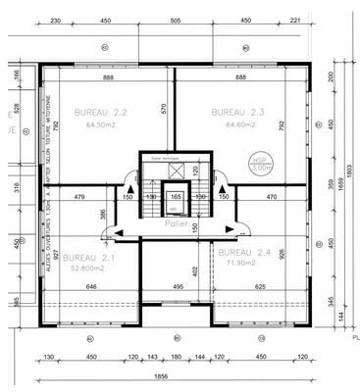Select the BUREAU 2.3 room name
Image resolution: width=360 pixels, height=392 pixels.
coord(238,112)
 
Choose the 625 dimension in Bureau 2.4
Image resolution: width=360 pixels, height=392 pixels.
coord(259,286)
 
